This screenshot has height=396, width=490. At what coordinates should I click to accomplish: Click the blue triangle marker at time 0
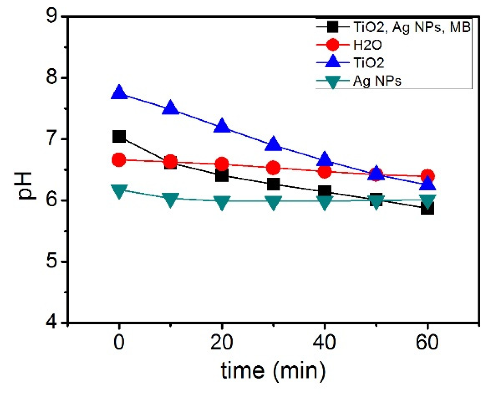point(119,93)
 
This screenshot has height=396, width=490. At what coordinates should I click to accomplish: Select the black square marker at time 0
point(119,136)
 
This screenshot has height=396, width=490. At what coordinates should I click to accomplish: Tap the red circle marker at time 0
point(119,160)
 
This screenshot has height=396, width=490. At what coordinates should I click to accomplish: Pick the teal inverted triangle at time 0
point(119,191)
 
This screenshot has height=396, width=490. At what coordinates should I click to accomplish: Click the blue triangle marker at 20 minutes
point(222,126)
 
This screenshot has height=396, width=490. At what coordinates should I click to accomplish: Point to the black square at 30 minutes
point(273,184)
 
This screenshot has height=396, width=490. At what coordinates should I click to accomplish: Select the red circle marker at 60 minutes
point(428,176)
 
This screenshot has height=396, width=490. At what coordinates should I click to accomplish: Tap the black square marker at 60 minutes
point(428,209)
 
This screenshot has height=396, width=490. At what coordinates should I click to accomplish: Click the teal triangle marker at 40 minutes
point(325,202)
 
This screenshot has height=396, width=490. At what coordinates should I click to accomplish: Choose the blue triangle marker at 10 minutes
point(170,108)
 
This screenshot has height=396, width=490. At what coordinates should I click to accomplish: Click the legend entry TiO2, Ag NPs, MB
point(411,27)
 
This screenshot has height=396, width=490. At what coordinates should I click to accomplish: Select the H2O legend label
point(368,45)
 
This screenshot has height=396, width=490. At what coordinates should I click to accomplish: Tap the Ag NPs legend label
point(377,81)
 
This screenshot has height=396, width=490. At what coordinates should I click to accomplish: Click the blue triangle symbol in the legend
point(333,62)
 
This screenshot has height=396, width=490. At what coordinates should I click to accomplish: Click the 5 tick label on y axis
point(52,261)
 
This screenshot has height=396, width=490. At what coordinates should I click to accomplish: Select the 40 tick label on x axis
point(324,342)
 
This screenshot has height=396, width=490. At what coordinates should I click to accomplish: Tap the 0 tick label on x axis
point(119,342)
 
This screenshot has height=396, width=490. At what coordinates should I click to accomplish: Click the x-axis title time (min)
point(273,370)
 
